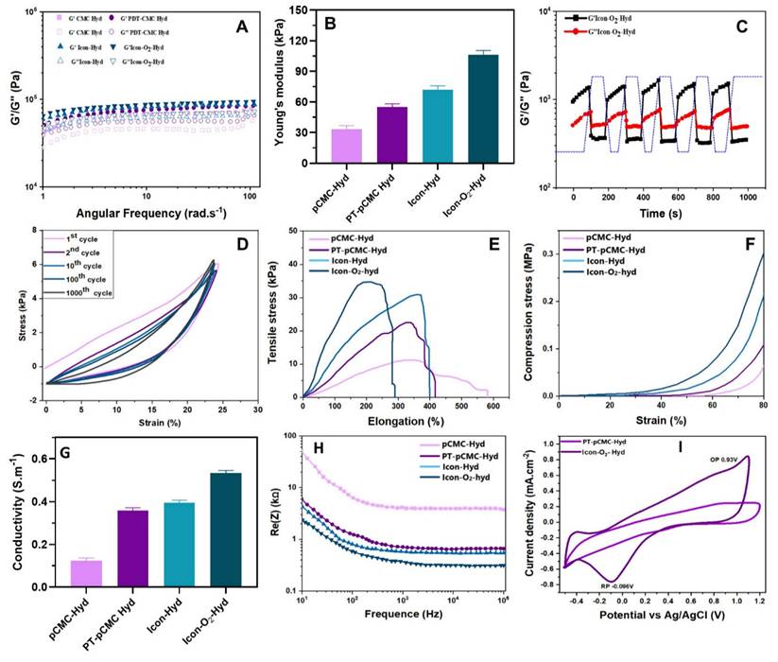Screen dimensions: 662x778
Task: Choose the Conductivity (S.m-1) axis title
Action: coord(15,512)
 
